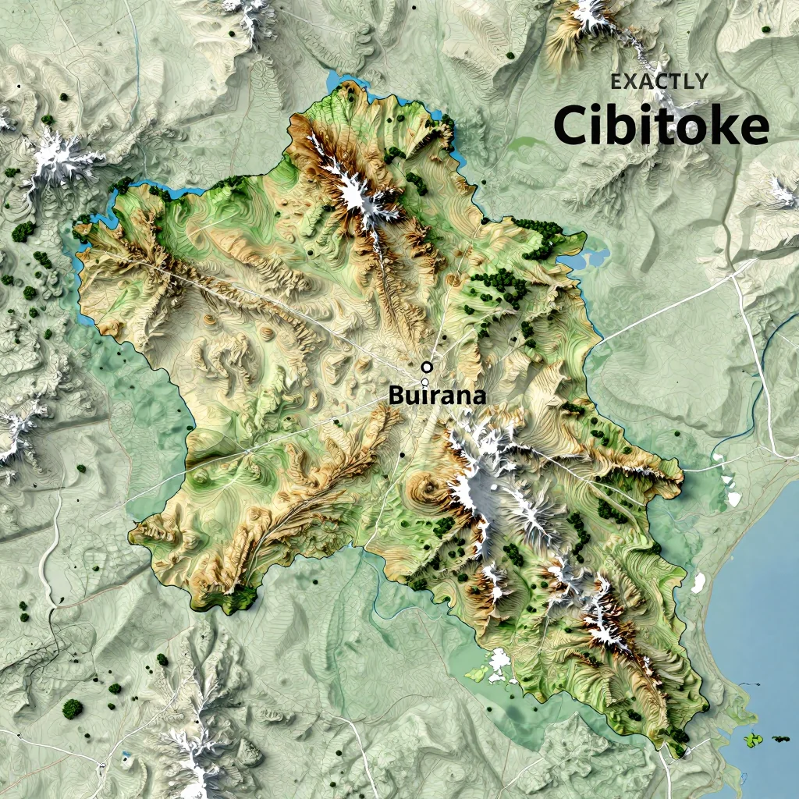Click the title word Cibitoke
[x=661, y=126]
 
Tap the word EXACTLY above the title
[x=659, y=81]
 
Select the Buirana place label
[x=437, y=396]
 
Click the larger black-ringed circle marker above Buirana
[x=426, y=367]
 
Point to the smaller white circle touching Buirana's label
[x=424, y=382]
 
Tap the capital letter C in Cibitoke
[x=570, y=126]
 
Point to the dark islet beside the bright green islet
[x=779, y=738]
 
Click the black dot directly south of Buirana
[x=401, y=455]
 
